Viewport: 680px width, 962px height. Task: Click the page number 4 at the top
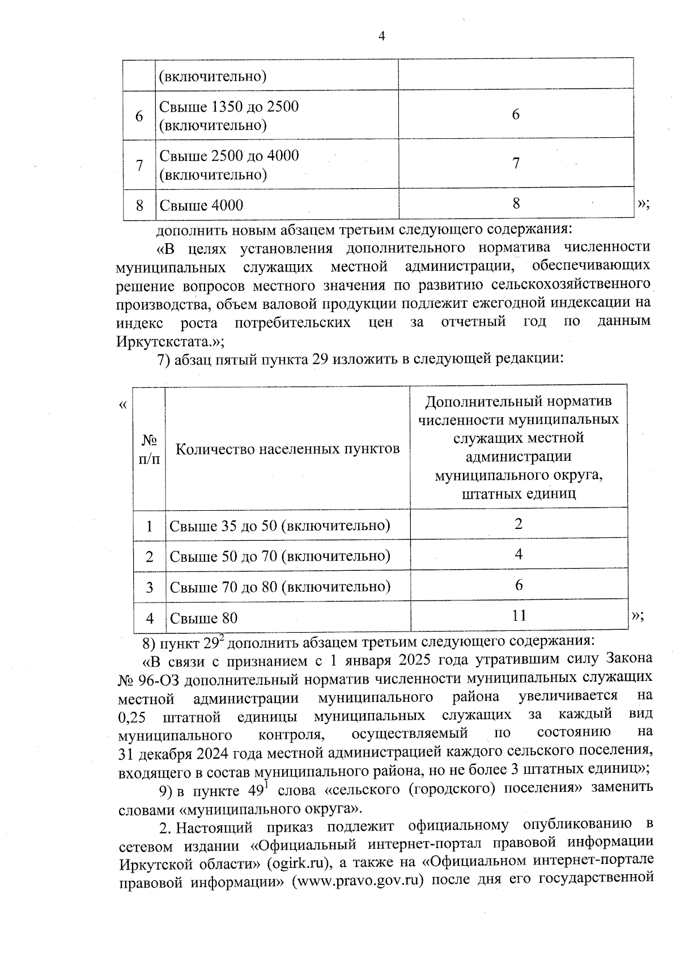pyautogui.click(x=381, y=36)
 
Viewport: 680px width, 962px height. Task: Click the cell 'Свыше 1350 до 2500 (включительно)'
pyautogui.click(x=229, y=116)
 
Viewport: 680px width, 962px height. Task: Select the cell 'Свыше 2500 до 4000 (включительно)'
pyautogui.click(x=229, y=165)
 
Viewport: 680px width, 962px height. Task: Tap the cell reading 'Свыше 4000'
pyautogui.click(x=201, y=205)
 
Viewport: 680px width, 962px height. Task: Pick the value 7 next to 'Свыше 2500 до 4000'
pyautogui.click(x=516, y=164)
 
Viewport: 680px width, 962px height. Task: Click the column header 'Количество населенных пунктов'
pyautogui.click(x=287, y=450)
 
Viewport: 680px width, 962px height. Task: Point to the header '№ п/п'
pyautogui.click(x=149, y=449)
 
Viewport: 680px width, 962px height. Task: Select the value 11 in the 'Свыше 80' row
pyautogui.click(x=518, y=615)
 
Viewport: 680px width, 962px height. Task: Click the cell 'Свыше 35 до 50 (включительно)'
pyautogui.click(x=280, y=526)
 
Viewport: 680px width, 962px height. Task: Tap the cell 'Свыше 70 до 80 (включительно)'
pyautogui.click(x=280, y=587)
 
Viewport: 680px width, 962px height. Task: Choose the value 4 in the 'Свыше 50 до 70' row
pyautogui.click(x=518, y=554)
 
